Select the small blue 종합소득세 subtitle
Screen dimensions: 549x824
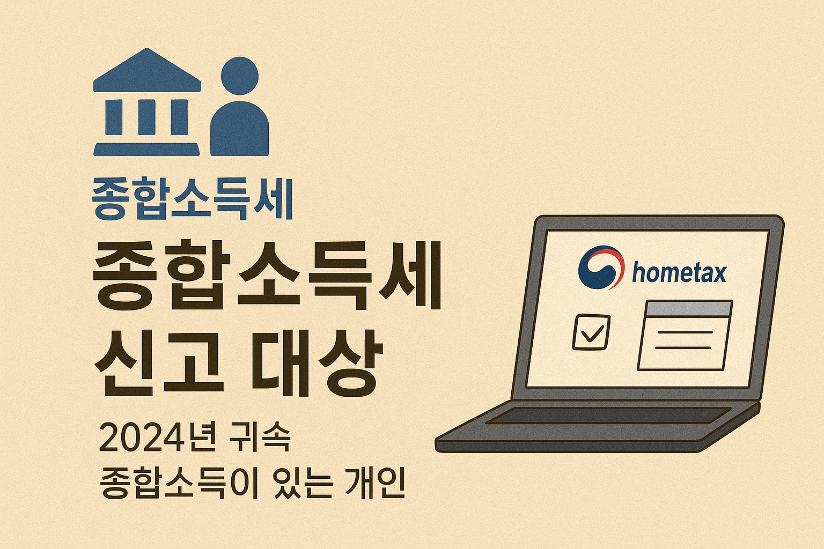pyautogui.click(x=193, y=199)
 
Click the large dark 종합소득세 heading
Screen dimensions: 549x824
pyautogui.click(x=267, y=275)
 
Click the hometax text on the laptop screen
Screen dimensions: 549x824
pyautogui.click(x=679, y=272)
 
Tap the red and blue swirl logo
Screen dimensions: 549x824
pyautogui.click(x=601, y=267)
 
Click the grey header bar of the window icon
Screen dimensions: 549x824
pyautogui.click(x=689, y=308)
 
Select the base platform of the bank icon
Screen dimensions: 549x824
pyautogui.click(x=146, y=149)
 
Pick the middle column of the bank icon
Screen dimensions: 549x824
pyautogui.click(x=146, y=117)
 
